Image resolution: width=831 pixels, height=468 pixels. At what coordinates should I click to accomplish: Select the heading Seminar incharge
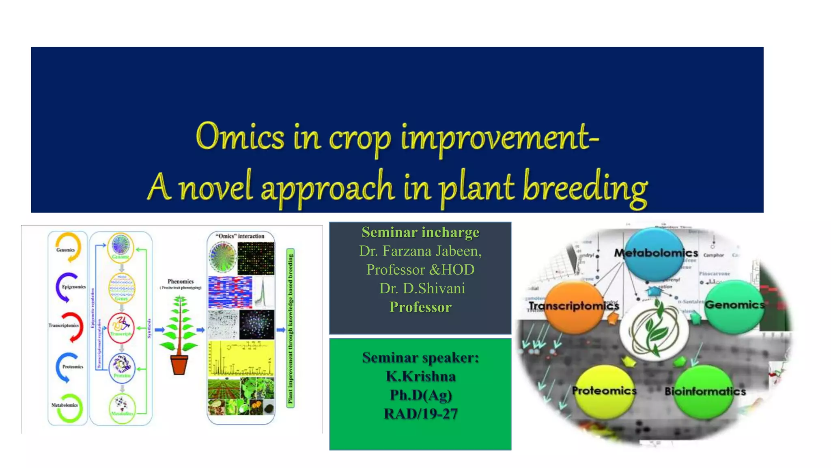pos(420,232)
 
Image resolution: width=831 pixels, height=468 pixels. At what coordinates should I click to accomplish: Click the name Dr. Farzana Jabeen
pos(420,251)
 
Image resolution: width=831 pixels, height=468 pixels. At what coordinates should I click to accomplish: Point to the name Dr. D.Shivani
pos(422,288)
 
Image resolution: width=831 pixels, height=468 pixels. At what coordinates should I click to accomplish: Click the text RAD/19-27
pos(420,414)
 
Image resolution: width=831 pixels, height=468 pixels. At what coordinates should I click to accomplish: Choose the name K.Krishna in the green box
pos(420,377)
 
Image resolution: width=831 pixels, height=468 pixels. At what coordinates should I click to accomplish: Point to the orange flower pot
pos(179,365)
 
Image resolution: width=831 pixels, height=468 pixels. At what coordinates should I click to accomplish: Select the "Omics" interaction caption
pos(240,236)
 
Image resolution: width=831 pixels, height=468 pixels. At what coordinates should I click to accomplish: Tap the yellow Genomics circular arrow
pos(69,247)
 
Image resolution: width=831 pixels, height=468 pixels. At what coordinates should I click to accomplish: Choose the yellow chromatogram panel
pos(241,359)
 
